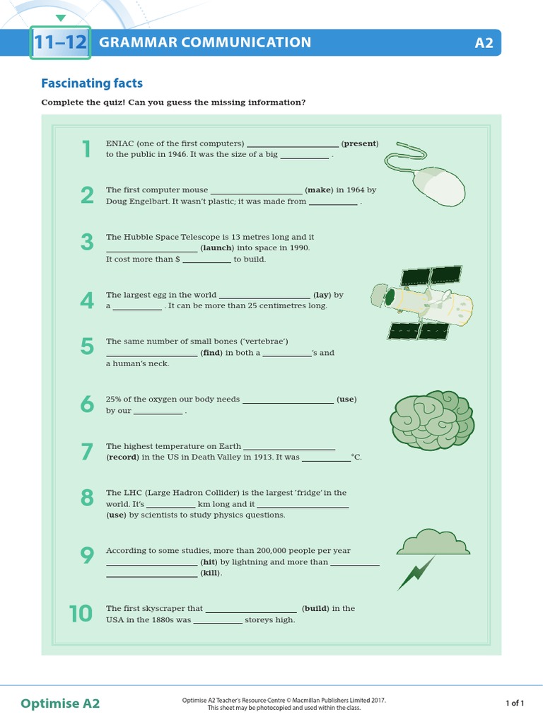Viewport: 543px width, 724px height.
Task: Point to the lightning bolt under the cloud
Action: coord(415,573)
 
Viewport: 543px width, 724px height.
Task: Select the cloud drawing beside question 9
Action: coord(433,542)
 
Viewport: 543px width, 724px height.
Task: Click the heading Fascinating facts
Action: coord(92,83)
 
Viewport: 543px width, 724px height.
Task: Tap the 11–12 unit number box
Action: coord(61,42)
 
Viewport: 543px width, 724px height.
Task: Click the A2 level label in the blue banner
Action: coord(484,43)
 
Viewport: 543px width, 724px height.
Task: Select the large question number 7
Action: coord(87,452)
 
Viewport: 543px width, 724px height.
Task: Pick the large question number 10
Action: coord(81,614)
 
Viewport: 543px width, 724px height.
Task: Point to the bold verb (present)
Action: coord(360,144)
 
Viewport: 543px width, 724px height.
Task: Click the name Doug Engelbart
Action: coord(137,202)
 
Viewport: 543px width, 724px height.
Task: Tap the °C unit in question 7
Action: coord(356,457)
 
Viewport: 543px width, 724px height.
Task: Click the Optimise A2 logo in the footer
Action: coord(60,703)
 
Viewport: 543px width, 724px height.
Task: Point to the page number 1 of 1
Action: coord(514,703)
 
